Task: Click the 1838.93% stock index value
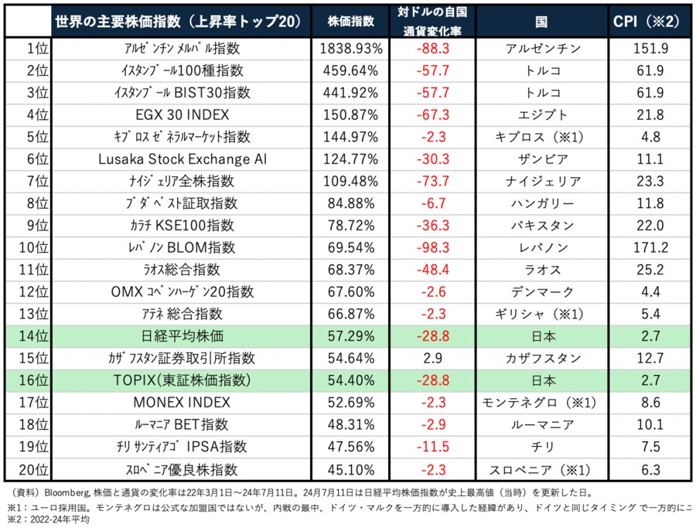(350, 48)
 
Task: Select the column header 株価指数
(350, 21)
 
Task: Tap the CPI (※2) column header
(649, 21)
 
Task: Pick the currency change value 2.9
(434, 359)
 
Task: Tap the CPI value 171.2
(649, 247)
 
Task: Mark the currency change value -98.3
(434, 247)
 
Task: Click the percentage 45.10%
(350, 469)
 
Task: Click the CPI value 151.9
(649, 48)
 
